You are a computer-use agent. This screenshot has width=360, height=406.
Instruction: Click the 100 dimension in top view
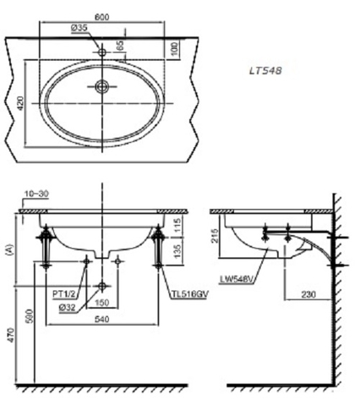(175, 48)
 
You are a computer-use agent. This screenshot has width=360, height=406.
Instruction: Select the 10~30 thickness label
(37, 194)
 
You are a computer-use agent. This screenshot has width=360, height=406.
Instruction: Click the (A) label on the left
(8, 250)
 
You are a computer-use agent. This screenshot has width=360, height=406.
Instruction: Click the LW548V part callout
(237, 277)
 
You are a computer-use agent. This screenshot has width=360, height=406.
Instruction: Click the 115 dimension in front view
(178, 224)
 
